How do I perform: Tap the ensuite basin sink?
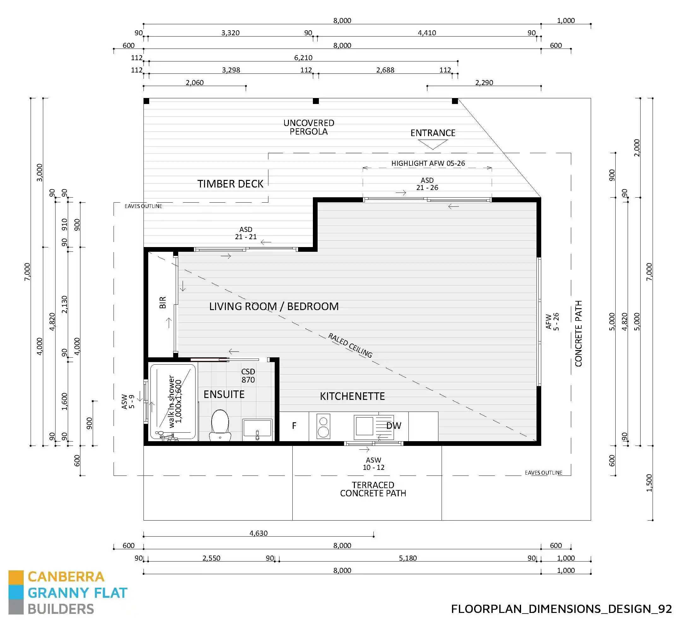(257, 429)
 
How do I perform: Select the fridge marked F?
(294, 426)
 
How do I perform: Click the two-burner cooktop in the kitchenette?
(323, 426)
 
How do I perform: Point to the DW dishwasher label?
(394, 426)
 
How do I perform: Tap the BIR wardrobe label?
(163, 302)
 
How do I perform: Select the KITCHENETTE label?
(352, 396)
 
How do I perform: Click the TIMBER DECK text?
(230, 184)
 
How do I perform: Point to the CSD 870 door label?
(248, 376)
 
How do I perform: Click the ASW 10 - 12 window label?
(373, 464)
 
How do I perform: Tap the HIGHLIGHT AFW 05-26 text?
(428, 163)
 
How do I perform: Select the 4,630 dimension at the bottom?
(258, 533)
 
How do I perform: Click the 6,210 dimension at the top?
(303, 58)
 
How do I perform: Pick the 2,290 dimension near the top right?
(484, 83)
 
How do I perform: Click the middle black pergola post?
(316, 101)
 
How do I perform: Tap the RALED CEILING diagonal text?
(350, 345)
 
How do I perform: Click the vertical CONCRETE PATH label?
(578, 334)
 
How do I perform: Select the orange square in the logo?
(16, 577)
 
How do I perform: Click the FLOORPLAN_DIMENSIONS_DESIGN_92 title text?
(561, 609)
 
